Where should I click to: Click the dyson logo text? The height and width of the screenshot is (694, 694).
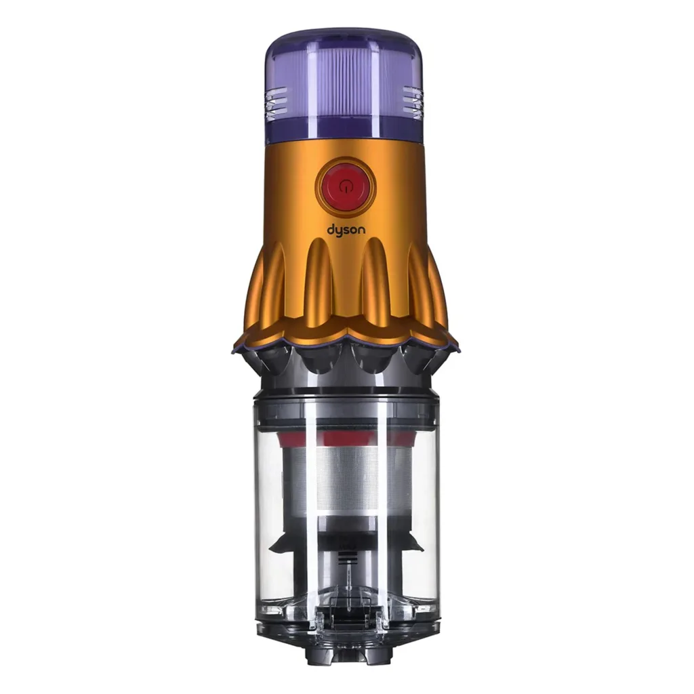click(346, 230)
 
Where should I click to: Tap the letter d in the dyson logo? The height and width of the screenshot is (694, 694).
click(331, 229)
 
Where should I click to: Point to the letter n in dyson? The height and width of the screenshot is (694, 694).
click(362, 230)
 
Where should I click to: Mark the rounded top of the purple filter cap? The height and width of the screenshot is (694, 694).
click(345, 38)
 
